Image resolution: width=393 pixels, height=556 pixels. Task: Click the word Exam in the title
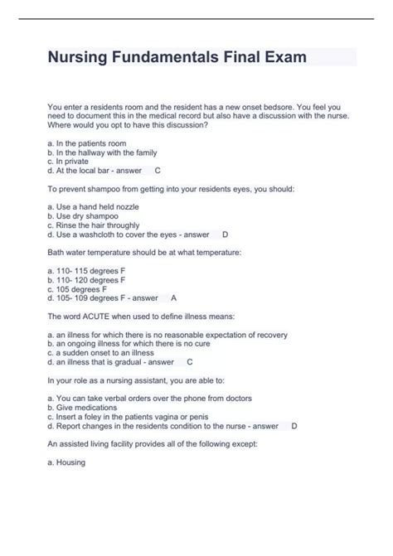click(x=282, y=58)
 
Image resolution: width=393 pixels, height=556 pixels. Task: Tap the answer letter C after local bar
click(x=158, y=170)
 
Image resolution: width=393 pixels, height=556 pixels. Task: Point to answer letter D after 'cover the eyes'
click(x=226, y=234)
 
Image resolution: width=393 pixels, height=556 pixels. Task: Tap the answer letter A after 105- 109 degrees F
click(x=173, y=297)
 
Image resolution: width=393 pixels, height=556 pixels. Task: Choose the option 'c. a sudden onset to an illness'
click(x=106, y=353)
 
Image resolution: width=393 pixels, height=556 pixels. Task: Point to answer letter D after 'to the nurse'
click(x=294, y=426)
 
